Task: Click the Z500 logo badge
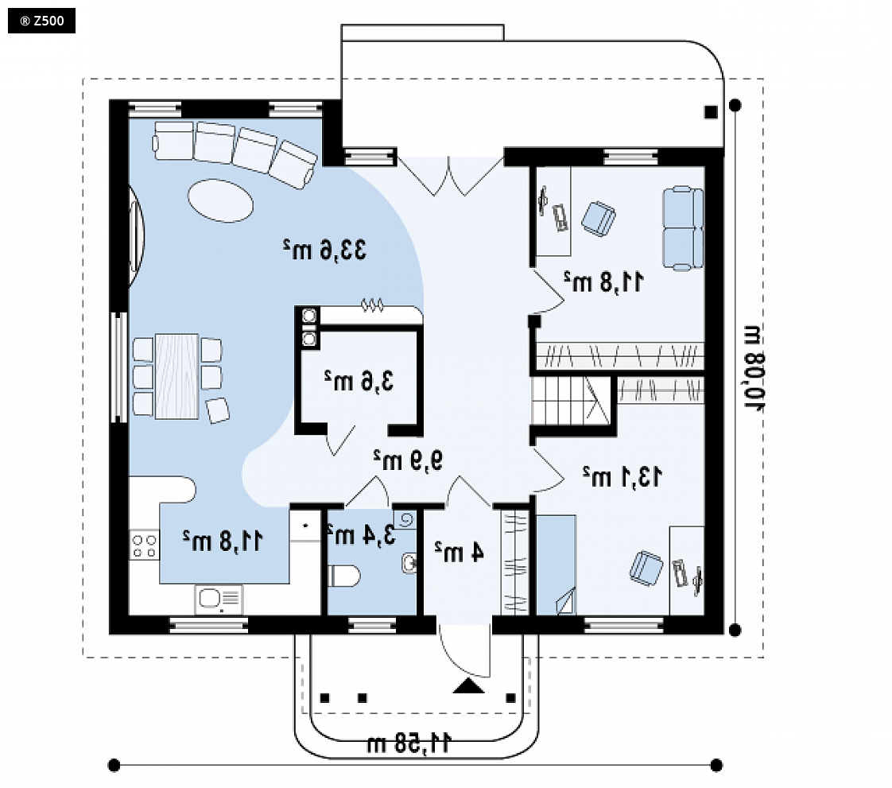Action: [41, 21]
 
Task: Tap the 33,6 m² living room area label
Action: [325, 250]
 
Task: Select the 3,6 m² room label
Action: [359, 381]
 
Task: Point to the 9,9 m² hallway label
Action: [408, 460]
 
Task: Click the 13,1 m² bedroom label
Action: [622, 476]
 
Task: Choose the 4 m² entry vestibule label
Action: [460, 551]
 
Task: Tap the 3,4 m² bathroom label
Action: [362, 534]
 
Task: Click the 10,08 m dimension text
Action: [755, 368]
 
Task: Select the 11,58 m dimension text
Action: [409, 743]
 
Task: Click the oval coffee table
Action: [220, 200]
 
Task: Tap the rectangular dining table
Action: [176, 377]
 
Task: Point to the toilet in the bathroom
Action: [343, 576]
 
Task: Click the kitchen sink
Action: [219, 599]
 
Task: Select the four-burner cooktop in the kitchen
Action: [145, 545]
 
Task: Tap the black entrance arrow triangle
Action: [469, 686]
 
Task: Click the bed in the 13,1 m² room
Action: [556, 565]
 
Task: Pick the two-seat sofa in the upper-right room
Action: [683, 228]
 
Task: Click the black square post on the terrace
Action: [711, 112]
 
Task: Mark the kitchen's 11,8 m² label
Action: [223, 541]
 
